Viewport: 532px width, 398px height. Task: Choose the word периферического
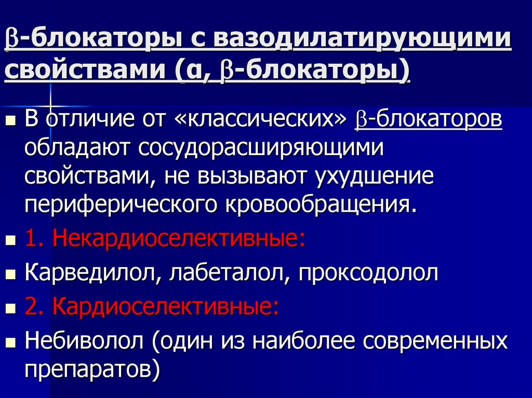121,205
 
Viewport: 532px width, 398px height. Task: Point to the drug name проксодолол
368,273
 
